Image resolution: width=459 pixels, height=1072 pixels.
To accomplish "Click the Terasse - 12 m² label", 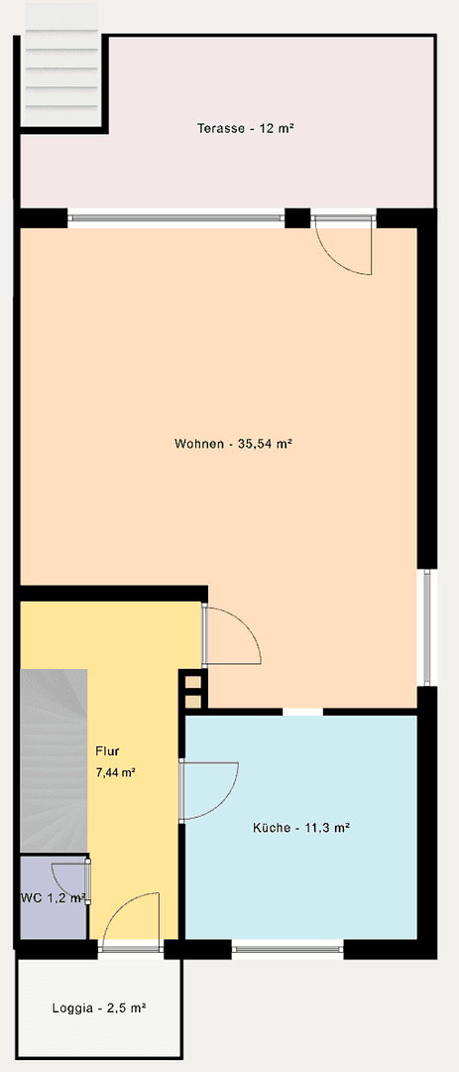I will click(246, 129).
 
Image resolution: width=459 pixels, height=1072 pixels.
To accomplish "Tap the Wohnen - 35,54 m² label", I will click(232, 444).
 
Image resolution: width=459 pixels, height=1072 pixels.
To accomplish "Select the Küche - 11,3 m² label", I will click(300, 826).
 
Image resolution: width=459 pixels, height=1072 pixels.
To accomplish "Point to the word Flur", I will click(107, 751).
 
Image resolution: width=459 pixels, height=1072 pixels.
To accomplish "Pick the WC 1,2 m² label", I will click(53, 898).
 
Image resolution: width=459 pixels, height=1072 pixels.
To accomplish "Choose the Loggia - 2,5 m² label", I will click(99, 1007).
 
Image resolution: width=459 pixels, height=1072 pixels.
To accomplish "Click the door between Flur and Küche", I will click(208, 790).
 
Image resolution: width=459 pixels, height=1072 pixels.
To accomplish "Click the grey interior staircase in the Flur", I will click(54, 759).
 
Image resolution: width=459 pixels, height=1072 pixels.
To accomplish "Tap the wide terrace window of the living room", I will click(176, 217).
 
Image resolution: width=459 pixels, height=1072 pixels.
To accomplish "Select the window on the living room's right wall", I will click(426, 627).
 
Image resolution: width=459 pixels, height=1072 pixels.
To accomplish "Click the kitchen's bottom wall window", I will click(287, 949).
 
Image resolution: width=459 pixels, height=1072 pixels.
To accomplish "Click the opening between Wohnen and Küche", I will click(302, 712).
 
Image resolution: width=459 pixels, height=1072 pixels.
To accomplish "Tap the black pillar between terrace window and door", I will click(297, 217).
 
